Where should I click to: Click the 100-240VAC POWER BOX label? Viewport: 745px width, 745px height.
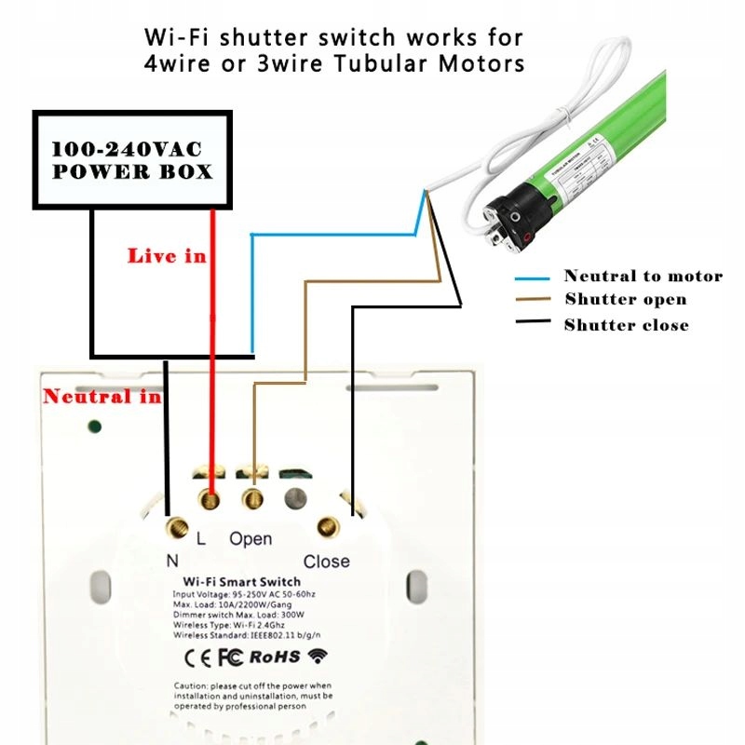pos(131,160)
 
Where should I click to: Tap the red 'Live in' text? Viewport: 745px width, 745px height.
pos(167,255)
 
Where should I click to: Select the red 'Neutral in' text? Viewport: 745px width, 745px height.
pos(102,397)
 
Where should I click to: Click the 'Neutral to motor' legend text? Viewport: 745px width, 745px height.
pos(643,276)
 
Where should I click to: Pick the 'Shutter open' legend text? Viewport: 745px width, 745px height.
pos(625,299)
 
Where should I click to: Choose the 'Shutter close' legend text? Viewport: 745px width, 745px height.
pos(626,325)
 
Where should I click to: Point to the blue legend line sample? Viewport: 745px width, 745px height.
pos(534,278)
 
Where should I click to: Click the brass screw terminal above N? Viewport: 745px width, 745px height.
pos(173,531)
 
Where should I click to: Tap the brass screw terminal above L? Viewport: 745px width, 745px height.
pos(211,501)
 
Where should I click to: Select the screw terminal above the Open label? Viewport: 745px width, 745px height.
pos(252,500)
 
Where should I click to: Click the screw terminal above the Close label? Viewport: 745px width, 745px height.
pos(327,528)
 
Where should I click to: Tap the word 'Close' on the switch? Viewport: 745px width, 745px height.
pos(327,562)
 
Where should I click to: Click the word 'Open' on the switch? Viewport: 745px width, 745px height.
pos(251,539)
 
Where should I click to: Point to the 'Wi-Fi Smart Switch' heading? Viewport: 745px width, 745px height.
pos(241,582)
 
